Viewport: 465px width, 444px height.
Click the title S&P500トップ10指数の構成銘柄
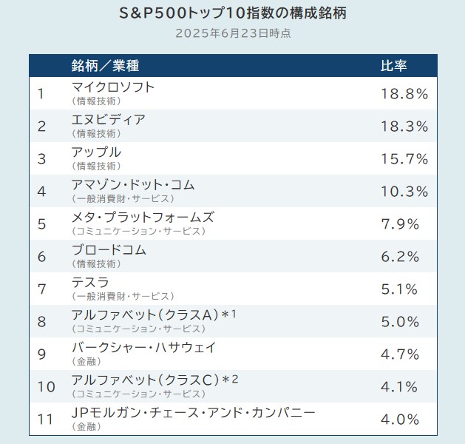[x=232, y=13]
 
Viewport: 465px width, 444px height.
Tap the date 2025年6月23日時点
[x=232, y=33]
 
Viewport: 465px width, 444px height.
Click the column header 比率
[x=393, y=65]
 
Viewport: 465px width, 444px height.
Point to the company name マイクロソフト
[x=113, y=87]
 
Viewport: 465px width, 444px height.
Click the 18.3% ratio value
[x=404, y=127]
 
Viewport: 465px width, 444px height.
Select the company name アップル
[x=96, y=152]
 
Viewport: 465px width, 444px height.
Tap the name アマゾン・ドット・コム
[x=133, y=184]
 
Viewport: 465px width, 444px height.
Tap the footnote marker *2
[x=231, y=380]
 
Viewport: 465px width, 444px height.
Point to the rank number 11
[x=45, y=420]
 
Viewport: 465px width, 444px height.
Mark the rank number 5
[x=41, y=224]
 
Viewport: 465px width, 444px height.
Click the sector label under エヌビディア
[x=96, y=134]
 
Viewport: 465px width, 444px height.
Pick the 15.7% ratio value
[x=404, y=159]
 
